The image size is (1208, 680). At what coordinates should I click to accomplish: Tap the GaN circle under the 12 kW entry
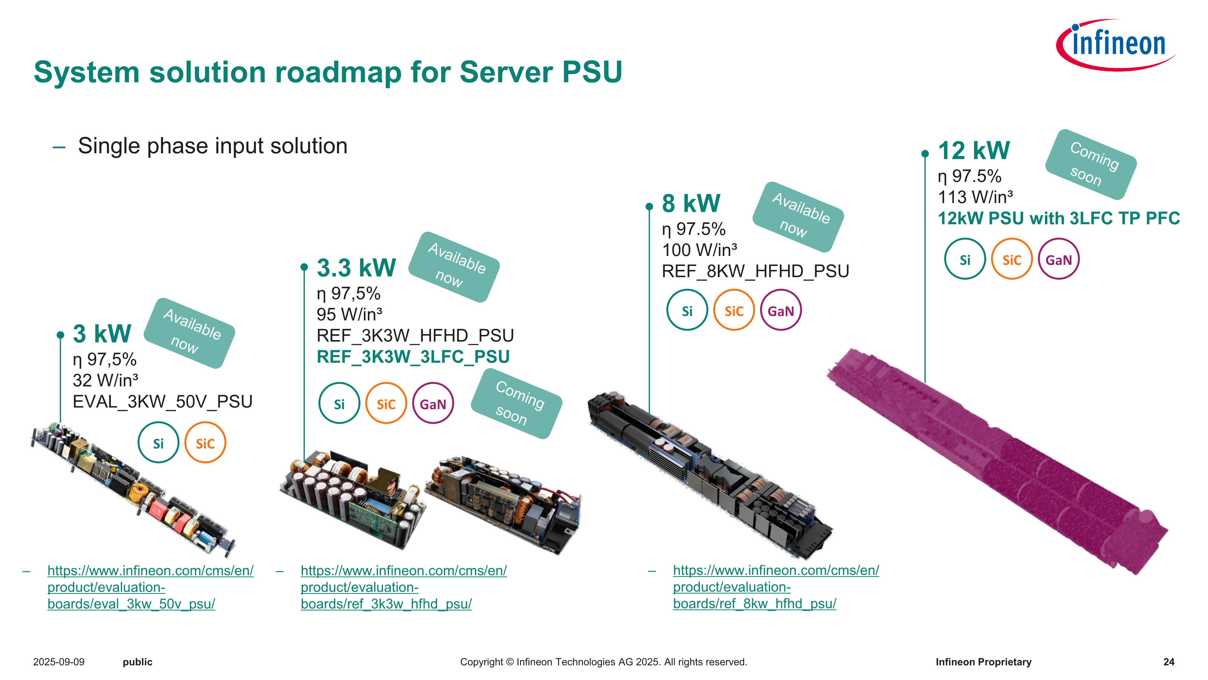(x=1059, y=260)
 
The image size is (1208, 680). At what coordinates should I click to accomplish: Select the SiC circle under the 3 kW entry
(x=205, y=443)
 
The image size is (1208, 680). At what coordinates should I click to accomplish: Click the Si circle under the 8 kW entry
(x=687, y=311)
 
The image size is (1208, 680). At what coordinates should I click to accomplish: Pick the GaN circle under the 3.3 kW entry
(x=433, y=403)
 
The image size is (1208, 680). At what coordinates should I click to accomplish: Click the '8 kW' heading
(x=691, y=204)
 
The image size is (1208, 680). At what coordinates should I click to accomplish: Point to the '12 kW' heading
(x=974, y=151)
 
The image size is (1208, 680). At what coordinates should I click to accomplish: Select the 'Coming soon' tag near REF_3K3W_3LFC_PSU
(x=516, y=403)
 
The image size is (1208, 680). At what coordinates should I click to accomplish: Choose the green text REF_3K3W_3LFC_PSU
(x=413, y=357)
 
